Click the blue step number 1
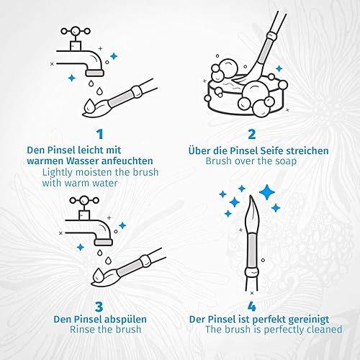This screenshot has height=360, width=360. (100, 134)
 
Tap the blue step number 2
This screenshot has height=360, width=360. (252, 134)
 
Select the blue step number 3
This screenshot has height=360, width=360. (99, 307)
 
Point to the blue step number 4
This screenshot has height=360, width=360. (252, 307)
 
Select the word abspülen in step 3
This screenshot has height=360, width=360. (125, 320)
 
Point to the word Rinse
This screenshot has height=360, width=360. (82, 329)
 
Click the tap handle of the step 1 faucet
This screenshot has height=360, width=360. (76, 31)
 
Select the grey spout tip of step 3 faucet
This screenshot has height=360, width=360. (104, 242)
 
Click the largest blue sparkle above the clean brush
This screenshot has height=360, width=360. (267, 192)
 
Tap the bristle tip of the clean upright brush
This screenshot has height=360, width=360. (251, 196)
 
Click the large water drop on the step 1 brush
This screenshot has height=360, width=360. (89, 106)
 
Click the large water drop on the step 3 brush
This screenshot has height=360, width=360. (98, 275)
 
